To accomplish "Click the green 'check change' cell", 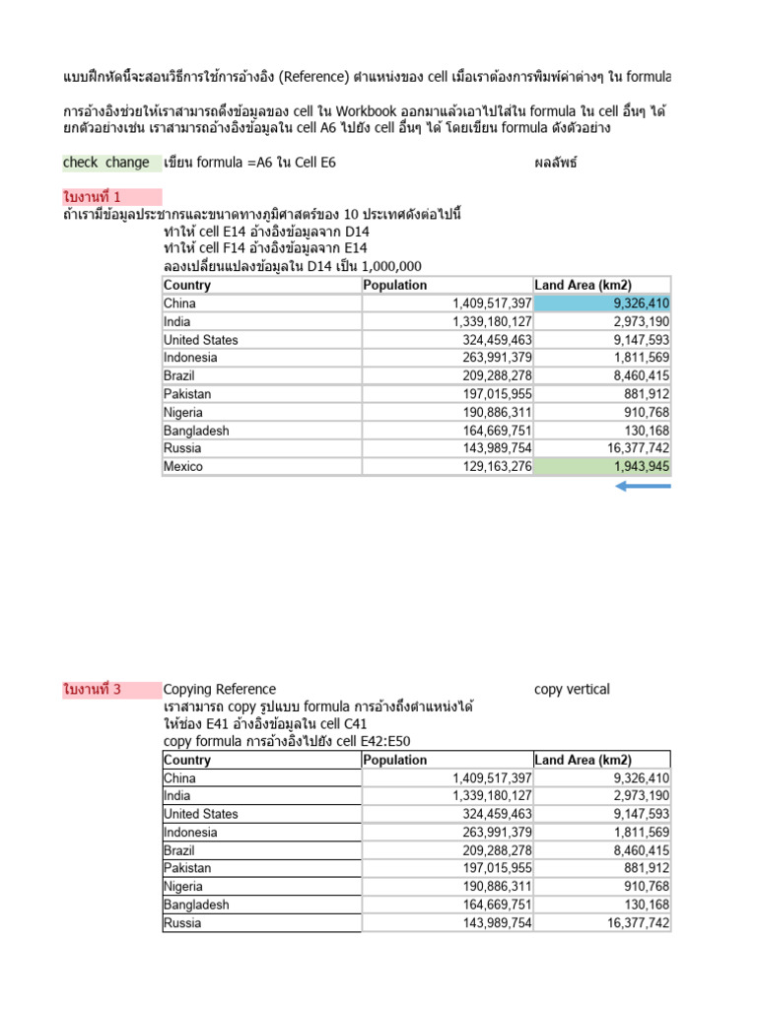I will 106,163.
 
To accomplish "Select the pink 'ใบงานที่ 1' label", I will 92,197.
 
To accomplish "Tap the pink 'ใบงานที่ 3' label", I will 92,690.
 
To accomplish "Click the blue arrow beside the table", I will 643,486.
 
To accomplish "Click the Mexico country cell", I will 183,466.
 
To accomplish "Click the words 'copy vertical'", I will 572,690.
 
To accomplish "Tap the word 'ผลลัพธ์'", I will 555,163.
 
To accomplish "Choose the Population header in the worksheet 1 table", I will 395,285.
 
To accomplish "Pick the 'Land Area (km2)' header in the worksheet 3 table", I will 583,760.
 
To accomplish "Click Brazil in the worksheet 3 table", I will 180,850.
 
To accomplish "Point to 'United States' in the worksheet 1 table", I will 201,340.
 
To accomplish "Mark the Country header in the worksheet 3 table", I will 187,760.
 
